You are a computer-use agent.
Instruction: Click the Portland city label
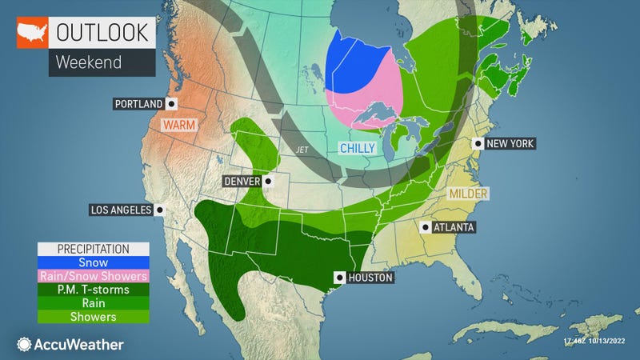coord(139,104)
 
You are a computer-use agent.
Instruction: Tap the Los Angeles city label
coord(121,210)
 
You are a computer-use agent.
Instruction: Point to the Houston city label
coord(370,278)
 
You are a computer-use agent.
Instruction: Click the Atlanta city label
coord(454,227)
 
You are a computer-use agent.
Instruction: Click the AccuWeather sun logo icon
coord(23,343)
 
